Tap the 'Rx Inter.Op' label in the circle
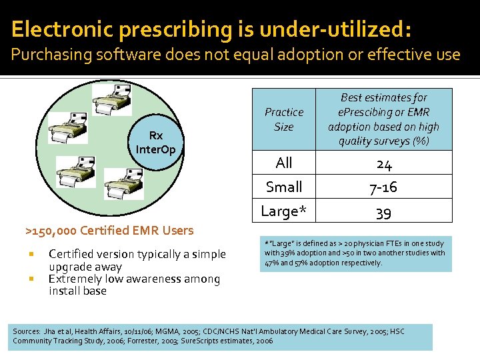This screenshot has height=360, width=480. (155, 143)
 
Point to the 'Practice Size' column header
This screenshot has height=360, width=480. (284, 119)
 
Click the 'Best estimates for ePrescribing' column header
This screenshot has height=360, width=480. (383, 119)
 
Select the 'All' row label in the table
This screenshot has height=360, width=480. (284, 163)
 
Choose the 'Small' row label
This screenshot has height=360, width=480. (284, 187)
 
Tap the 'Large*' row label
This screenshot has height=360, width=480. (284, 211)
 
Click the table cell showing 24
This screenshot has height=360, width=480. (383, 163)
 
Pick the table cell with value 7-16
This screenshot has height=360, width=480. (383, 187)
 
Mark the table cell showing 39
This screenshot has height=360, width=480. (383, 212)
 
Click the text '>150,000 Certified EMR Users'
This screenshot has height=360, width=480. (109, 231)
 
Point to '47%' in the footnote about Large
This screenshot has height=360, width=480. (272, 263)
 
